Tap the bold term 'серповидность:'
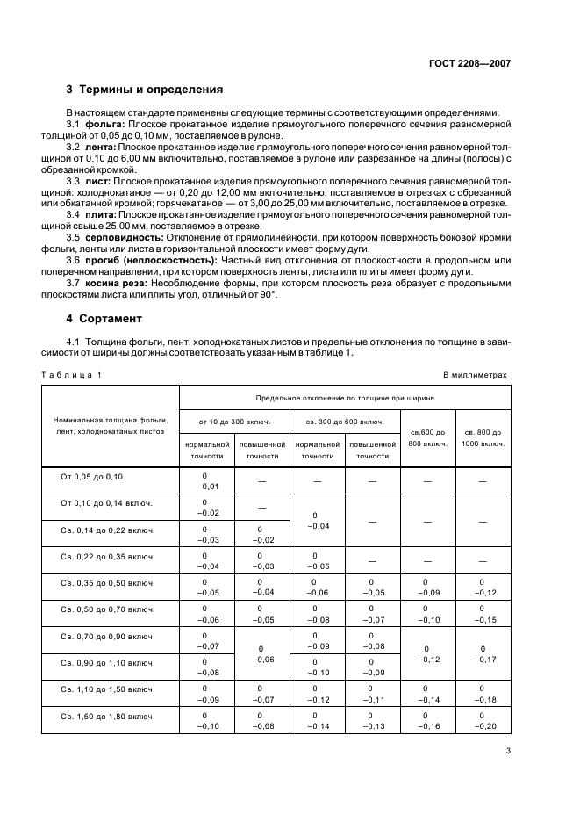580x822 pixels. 125,237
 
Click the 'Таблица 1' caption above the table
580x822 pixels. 72,375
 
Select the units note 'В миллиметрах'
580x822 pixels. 475,375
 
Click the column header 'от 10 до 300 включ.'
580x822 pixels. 234,422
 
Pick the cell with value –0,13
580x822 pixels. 372,725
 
